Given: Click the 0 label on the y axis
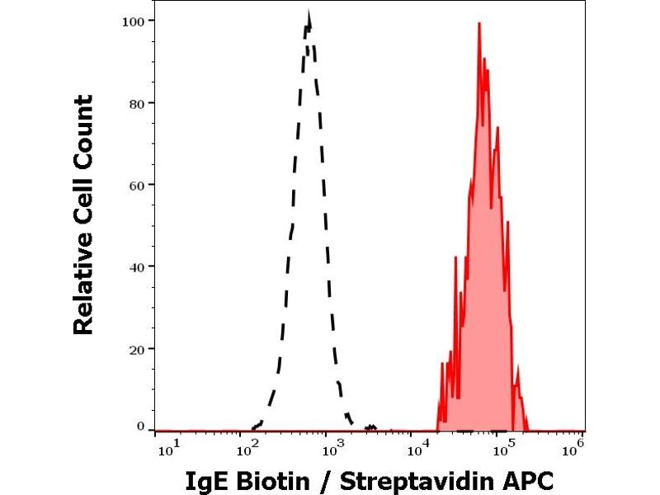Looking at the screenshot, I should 140,427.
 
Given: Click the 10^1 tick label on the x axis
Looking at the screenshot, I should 166,449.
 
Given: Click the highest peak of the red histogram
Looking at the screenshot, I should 478,24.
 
